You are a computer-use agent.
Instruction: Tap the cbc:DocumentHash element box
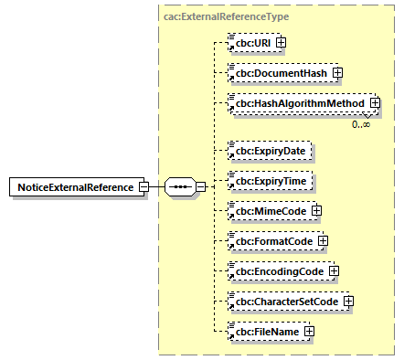[280, 72]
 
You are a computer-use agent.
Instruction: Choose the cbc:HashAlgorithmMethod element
[300, 103]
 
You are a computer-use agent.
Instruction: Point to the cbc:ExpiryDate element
[271, 150]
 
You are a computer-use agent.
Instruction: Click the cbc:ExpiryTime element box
[271, 181]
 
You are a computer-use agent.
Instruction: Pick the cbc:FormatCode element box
[272, 241]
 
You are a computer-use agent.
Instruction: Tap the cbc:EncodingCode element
[278, 271]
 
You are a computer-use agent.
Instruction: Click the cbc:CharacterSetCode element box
[287, 302]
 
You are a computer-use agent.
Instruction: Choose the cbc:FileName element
[266, 332]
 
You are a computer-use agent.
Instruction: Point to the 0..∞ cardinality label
[361, 124]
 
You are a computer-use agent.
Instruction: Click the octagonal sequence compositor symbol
[179, 187]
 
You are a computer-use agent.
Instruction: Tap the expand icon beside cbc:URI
[282, 42]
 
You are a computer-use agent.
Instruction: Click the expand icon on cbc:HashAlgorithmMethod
[375, 103]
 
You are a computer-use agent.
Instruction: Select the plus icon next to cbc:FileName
[310, 332]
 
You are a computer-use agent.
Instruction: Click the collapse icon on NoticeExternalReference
[144, 187]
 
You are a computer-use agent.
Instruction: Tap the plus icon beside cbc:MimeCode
[316, 211]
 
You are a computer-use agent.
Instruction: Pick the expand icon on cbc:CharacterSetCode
[348, 302]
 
